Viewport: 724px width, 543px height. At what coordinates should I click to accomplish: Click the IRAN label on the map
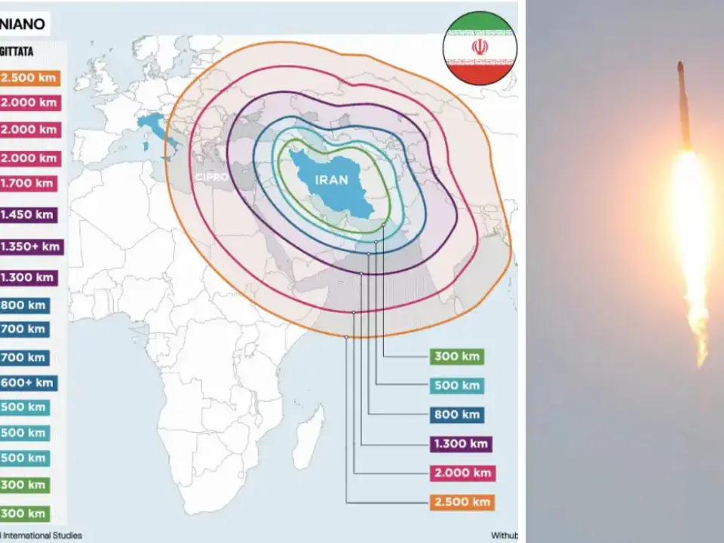332,180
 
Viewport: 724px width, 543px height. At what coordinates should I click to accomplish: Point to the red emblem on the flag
480,47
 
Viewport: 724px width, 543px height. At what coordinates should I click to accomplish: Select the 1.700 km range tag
29,183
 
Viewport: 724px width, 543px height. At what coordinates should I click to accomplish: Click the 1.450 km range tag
29,215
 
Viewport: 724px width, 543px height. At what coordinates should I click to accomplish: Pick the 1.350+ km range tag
31,247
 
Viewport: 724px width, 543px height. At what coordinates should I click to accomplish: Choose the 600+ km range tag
29,383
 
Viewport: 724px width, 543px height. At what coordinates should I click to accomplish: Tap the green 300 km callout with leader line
457,357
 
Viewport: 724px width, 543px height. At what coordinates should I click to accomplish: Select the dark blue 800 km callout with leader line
457,415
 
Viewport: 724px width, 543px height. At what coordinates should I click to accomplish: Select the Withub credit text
504,535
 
